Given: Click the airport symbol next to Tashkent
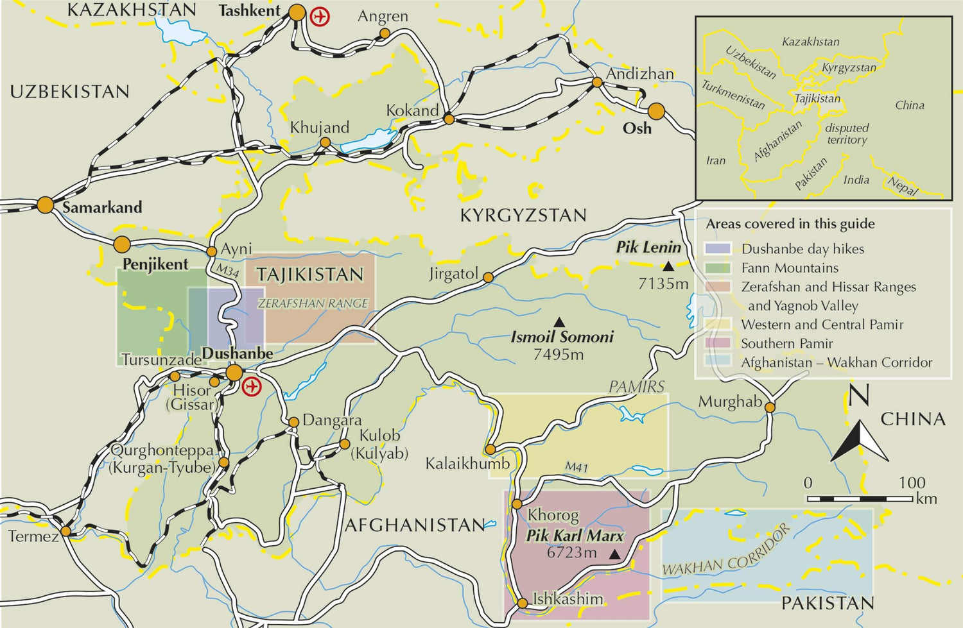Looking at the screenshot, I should point(319,16).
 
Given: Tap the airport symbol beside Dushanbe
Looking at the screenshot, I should point(252,387).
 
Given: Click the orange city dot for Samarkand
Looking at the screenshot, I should point(45,205).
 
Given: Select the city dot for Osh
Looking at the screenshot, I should point(655,112).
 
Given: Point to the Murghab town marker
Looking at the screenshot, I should point(770,407).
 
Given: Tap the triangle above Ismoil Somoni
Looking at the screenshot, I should point(559,322).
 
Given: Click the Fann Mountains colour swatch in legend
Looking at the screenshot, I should point(717,268).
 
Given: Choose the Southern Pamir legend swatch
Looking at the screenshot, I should point(717,343).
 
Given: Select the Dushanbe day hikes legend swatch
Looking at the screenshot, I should point(717,249).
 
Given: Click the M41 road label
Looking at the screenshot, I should point(576,467).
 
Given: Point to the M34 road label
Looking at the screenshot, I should point(227,271).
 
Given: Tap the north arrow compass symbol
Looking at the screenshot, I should point(859,439).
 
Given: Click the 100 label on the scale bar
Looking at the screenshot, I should point(912,482).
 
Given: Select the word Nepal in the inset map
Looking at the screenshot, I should point(903,186).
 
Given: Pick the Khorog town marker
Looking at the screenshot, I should point(517,504).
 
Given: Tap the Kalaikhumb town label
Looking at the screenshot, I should point(467,463).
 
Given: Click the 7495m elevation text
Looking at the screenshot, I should point(558,354).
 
